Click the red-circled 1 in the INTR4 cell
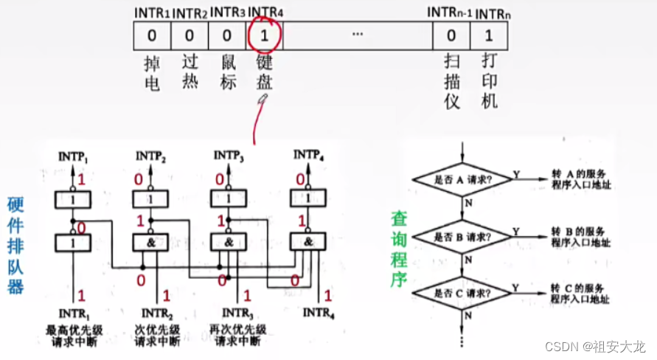tap(265, 35)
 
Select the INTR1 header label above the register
tap(152, 13)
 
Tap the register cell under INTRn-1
tap(451, 35)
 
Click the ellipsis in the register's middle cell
tap(358, 35)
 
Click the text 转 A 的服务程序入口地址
tap(581, 179)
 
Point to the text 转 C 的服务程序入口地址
tap(581, 292)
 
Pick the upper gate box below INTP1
tap(72, 200)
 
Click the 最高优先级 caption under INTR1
tap(73, 329)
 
